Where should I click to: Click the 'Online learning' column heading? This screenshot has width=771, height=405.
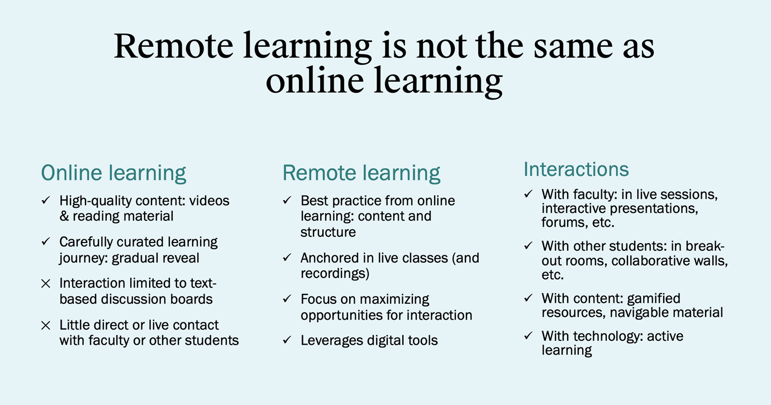click(x=113, y=173)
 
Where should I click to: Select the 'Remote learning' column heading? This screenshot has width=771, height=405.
click(x=361, y=173)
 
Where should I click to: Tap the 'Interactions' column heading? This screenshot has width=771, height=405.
click(x=576, y=169)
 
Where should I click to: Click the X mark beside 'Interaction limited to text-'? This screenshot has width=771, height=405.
click(x=46, y=284)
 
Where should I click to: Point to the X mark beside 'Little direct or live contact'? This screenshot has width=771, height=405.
click(x=46, y=325)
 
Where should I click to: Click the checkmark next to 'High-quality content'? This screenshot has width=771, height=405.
click(x=46, y=200)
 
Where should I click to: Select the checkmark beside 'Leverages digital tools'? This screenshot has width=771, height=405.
click(x=287, y=340)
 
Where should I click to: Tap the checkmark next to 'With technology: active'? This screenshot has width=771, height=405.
click(x=529, y=336)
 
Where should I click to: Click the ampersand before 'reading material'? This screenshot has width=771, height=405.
click(x=64, y=216)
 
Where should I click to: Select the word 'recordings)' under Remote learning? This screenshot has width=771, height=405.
click(x=335, y=274)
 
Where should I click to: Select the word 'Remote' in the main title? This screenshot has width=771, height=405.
click(x=173, y=46)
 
